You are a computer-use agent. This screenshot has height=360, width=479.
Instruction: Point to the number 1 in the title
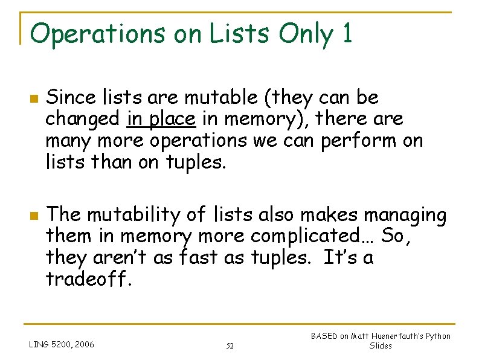click(x=346, y=34)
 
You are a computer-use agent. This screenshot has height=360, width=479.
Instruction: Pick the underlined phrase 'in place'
click(x=161, y=120)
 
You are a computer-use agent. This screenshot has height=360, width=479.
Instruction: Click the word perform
click(x=365, y=141)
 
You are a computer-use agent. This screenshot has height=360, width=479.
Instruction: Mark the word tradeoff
click(x=85, y=279)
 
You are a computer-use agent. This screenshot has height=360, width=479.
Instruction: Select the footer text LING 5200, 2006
click(x=61, y=346)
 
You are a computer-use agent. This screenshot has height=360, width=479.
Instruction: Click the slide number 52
click(x=230, y=346)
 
